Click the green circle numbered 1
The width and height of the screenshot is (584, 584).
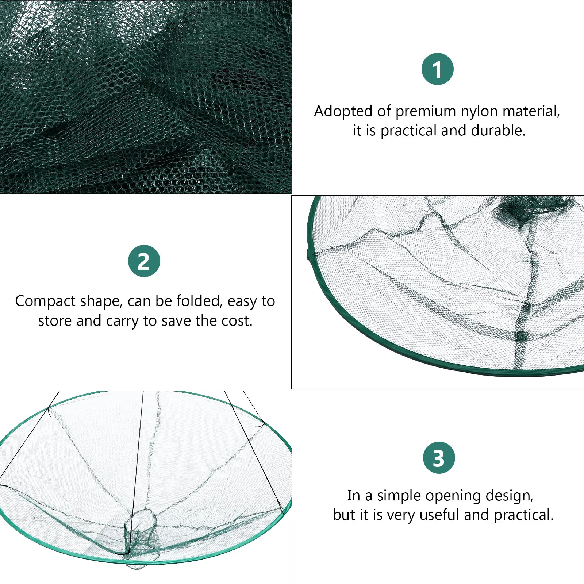click(437, 69)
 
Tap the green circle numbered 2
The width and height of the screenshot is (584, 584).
click(144, 261)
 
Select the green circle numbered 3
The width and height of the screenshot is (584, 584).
click(439, 457)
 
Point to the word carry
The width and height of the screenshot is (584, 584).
click(122, 321)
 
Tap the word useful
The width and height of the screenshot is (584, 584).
click(440, 515)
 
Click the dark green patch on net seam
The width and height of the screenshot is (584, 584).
click(522, 336)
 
